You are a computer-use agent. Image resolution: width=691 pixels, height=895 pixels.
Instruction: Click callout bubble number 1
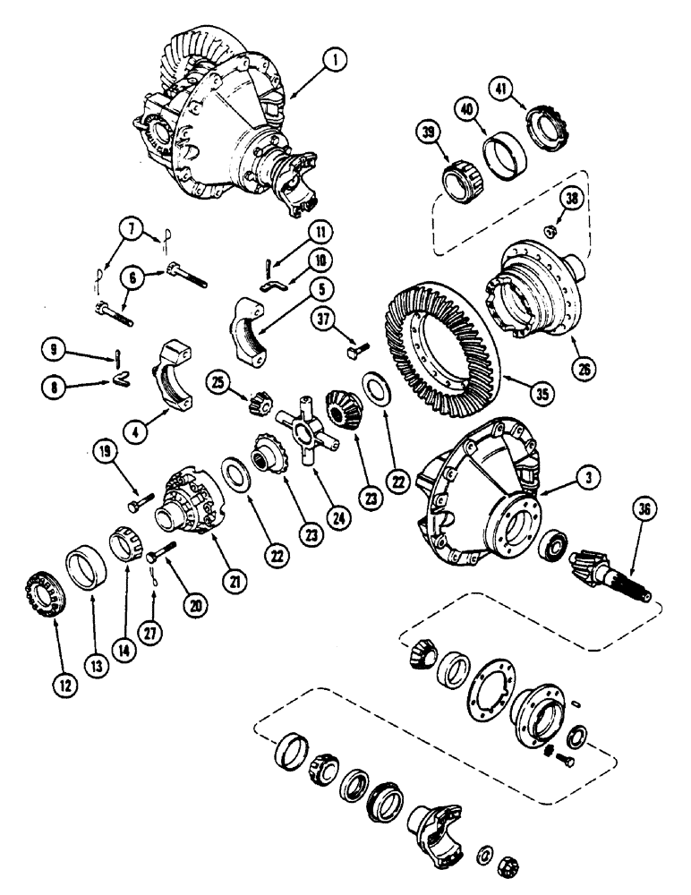point(333,63)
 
